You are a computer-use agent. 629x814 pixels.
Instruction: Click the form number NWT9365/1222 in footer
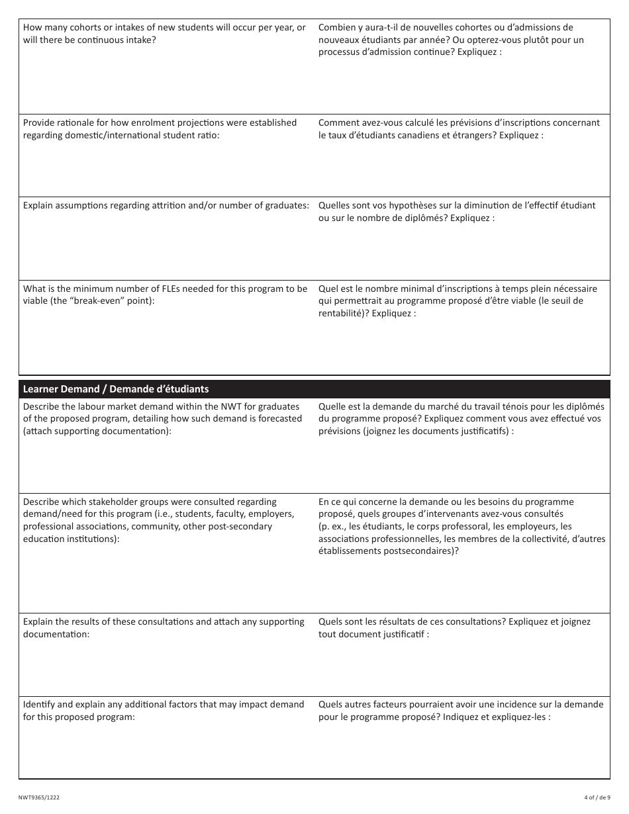click(39, 797)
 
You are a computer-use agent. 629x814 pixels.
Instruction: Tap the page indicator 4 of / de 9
click(597, 797)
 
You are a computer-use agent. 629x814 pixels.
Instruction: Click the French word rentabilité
click(342, 314)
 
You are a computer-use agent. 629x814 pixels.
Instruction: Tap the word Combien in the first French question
click(337, 27)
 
